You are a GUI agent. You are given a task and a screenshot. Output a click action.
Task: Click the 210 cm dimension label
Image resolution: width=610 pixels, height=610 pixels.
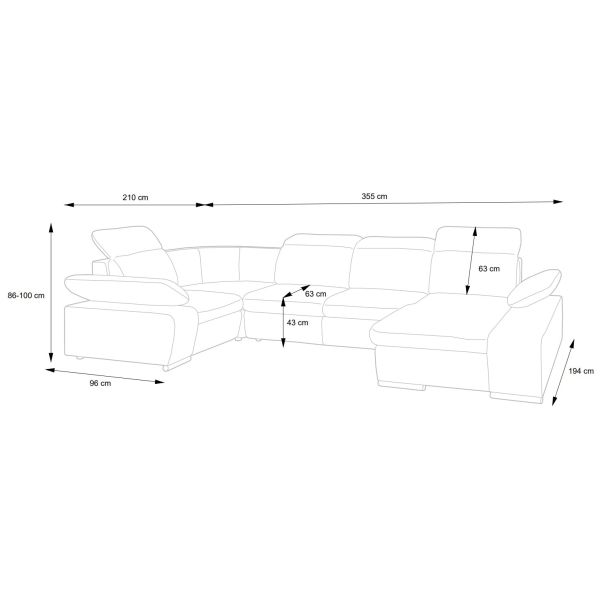tap(135, 197)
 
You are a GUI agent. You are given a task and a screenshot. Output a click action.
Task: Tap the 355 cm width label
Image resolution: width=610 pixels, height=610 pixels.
tap(374, 196)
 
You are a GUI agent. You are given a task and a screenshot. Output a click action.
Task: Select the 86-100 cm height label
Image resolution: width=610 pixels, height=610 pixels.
tap(26, 295)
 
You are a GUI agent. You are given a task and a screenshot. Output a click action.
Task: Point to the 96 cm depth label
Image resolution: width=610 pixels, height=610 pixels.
tap(100, 383)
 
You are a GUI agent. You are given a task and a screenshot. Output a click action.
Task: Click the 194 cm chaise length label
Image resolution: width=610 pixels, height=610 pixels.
tap(581, 371)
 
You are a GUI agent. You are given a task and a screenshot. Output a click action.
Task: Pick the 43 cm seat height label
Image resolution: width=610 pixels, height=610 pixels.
tap(297, 323)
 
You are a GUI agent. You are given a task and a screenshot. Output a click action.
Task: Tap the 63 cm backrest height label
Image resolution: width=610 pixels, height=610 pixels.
tap(489, 268)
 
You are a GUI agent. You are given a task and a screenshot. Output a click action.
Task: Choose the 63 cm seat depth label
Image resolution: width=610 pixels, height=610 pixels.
tap(316, 294)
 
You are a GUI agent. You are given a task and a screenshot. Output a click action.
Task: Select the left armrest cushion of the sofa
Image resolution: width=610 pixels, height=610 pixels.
tap(126, 290)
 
